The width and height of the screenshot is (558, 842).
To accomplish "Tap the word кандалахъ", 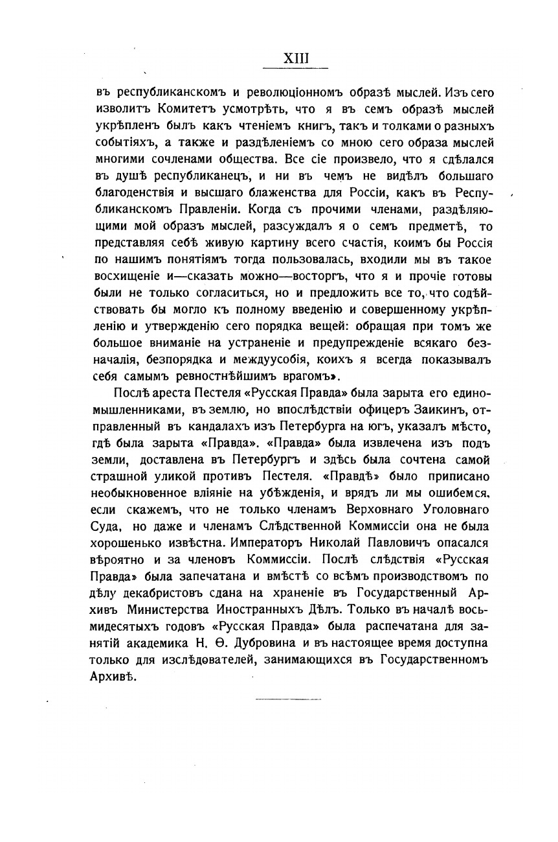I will (x=197, y=428).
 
